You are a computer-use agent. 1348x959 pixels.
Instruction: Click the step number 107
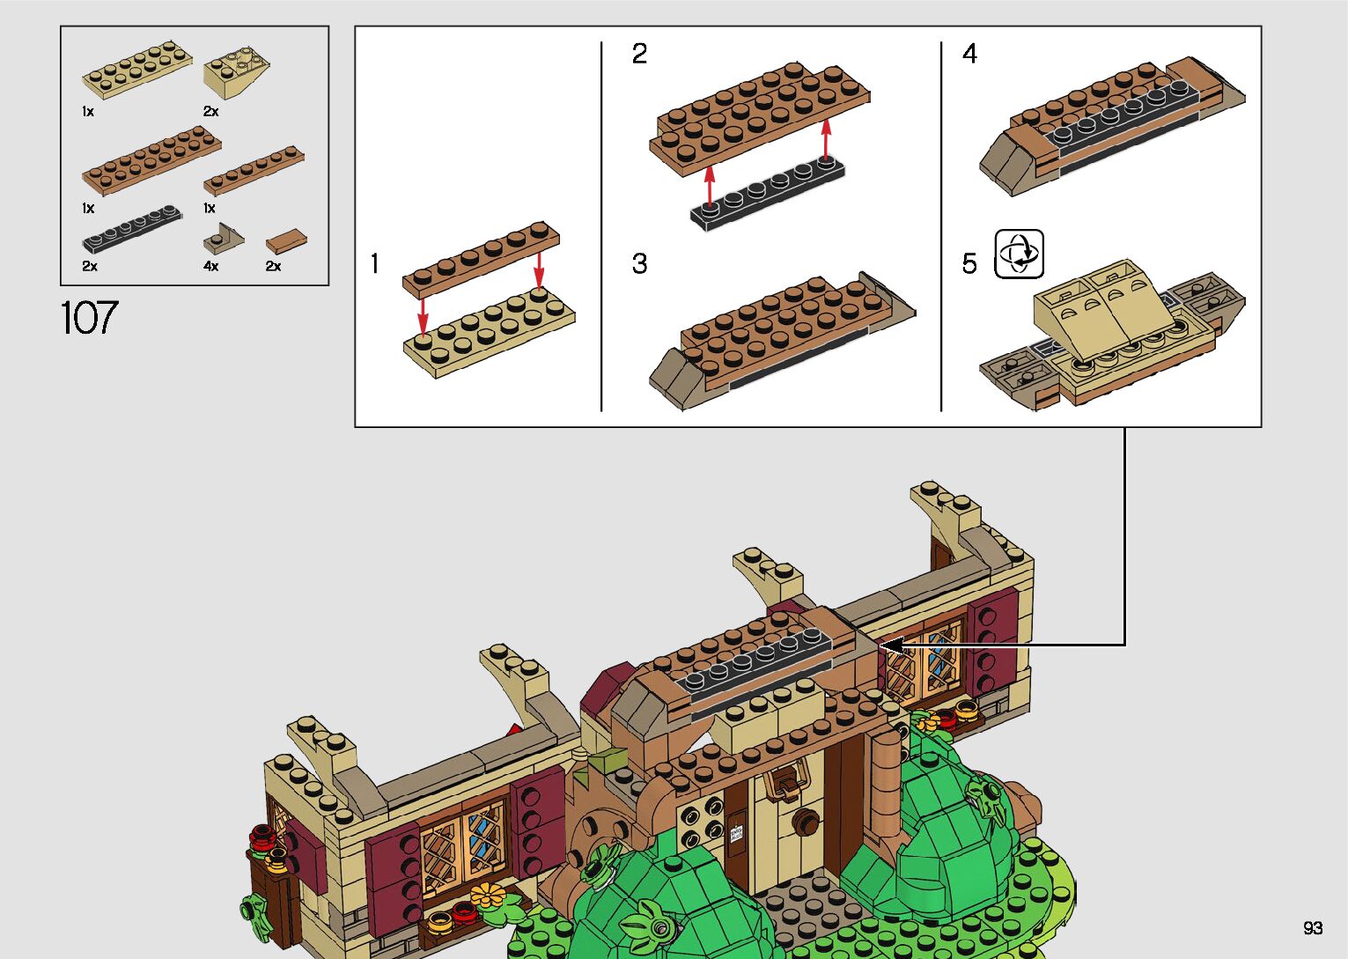pyautogui.click(x=89, y=318)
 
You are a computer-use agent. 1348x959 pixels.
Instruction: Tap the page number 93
pyautogui.click(x=1313, y=928)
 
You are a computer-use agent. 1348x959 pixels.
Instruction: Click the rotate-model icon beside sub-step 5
pyautogui.click(x=1019, y=255)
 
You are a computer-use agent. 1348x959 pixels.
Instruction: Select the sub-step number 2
pyautogui.click(x=639, y=55)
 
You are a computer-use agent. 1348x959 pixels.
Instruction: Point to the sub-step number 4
pyautogui.click(x=969, y=55)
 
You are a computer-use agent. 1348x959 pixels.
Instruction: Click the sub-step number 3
pyautogui.click(x=639, y=263)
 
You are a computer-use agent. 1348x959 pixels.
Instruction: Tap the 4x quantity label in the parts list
pyautogui.click(x=210, y=266)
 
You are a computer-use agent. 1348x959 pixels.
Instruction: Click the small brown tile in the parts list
pyautogui.click(x=287, y=240)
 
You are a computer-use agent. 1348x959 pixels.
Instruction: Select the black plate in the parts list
pyautogui.click(x=132, y=228)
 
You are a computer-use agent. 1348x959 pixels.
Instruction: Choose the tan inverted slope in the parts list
pyautogui.click(x=235, y=76)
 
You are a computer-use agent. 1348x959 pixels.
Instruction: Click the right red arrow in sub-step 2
pyautogui.click(x=826, y=139)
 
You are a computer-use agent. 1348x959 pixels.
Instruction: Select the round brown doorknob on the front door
pyautogui.click(x=803, y=821)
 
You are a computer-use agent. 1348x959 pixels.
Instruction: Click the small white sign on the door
pyautogui.click(x=736, y=831)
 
